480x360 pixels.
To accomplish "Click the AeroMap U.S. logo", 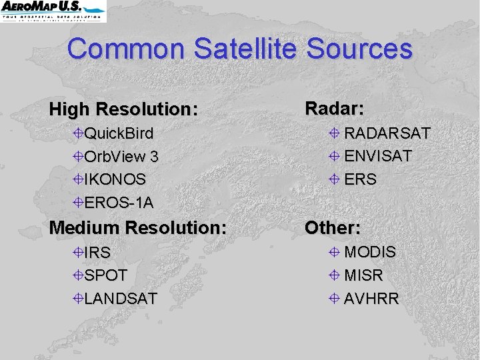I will [53, 11].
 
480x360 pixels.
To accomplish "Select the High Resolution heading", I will [124, 109].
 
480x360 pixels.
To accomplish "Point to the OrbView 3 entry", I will [121, 157].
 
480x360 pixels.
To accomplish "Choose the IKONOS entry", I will [115, 179].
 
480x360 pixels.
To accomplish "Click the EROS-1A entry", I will [119, 202].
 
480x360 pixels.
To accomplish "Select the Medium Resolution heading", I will [138, 227].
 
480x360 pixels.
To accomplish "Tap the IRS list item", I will [97, 253].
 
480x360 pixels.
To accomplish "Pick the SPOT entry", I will [105, 275].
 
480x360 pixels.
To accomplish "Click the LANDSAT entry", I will [120, 298].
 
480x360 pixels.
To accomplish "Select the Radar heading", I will [334, 108].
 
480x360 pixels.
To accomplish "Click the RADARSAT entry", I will [387, 133].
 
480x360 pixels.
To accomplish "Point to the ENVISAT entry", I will [378, 156].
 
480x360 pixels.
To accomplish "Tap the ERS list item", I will [360, 179].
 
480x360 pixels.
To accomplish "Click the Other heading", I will [332, 227].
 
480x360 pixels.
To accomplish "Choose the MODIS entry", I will [370, 253].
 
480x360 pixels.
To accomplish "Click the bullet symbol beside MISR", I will [335, 275].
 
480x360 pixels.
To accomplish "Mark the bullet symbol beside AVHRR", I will [335, 299].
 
